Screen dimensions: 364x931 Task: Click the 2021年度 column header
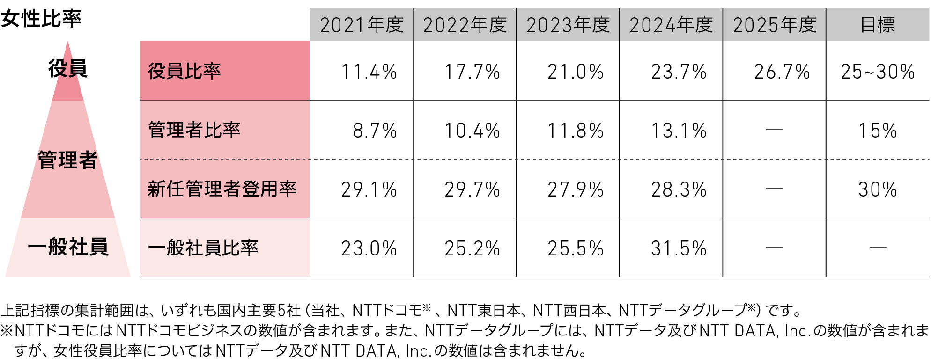[361, 25]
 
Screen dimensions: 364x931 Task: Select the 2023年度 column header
[568, 25]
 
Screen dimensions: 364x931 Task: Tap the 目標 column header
[878, 25]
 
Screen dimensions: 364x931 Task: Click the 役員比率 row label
[184, 71]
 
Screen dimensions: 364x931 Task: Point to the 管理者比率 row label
[194, 130]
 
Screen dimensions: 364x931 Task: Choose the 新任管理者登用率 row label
[222, 189]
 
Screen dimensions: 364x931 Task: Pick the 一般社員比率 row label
[203, 248]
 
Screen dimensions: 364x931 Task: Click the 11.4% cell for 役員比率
[369, 72]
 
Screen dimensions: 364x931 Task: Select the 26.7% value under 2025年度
[782, 72]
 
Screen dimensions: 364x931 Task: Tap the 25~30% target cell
[878, 72]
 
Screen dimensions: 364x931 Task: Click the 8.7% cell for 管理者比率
[375, 131]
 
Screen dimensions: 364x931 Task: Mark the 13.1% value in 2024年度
[679, 131]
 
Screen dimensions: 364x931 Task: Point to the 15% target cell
[878, 131]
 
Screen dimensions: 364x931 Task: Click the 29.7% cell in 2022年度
[472, 189]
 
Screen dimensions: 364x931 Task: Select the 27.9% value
[576, 189]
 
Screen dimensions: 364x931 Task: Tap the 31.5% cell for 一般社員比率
[679, 248]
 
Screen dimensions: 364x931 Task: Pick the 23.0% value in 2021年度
[369, 248]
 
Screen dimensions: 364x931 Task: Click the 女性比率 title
[41, 19]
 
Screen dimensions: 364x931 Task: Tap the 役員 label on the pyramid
[68, 68]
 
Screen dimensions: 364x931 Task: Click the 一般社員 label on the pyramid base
[68, 247]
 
